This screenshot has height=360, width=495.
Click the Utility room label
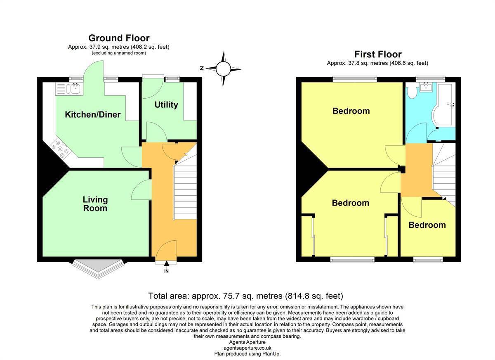pos(166,105)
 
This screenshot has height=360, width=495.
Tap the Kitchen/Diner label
pos(92,114)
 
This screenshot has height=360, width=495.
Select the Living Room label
pos(95,204)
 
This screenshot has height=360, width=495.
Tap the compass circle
pos(223,69)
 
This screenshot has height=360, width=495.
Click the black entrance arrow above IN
pos(166,263)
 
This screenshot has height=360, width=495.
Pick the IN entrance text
pos(166,271)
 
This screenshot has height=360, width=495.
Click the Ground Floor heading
pos(119,38)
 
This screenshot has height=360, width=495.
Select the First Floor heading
pos(378,54)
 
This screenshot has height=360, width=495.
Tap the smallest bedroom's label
pos(427,225)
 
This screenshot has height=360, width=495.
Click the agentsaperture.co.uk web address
pos(247,348)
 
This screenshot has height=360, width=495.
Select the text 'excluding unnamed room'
pos(119,53)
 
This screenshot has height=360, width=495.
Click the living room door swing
pos(141,190)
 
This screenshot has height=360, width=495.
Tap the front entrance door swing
pos(166,251)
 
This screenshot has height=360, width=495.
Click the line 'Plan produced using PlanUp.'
pos(247,354)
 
